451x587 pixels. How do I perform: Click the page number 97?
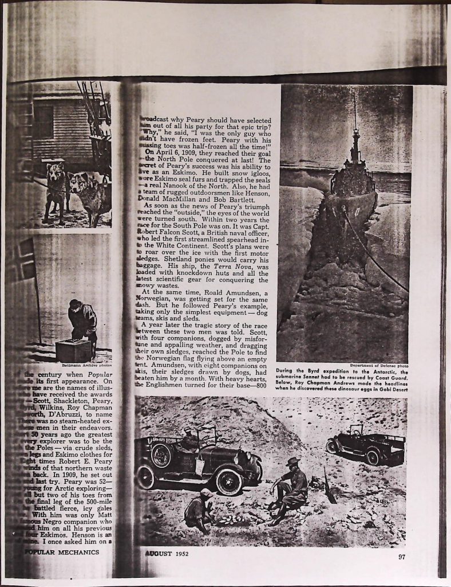pyautogui.click(x=402, y=555)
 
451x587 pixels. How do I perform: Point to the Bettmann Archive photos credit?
pyautogui.click(x=87, y=365)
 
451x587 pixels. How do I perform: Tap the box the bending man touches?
pyautogui.click(x=73, y=350)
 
